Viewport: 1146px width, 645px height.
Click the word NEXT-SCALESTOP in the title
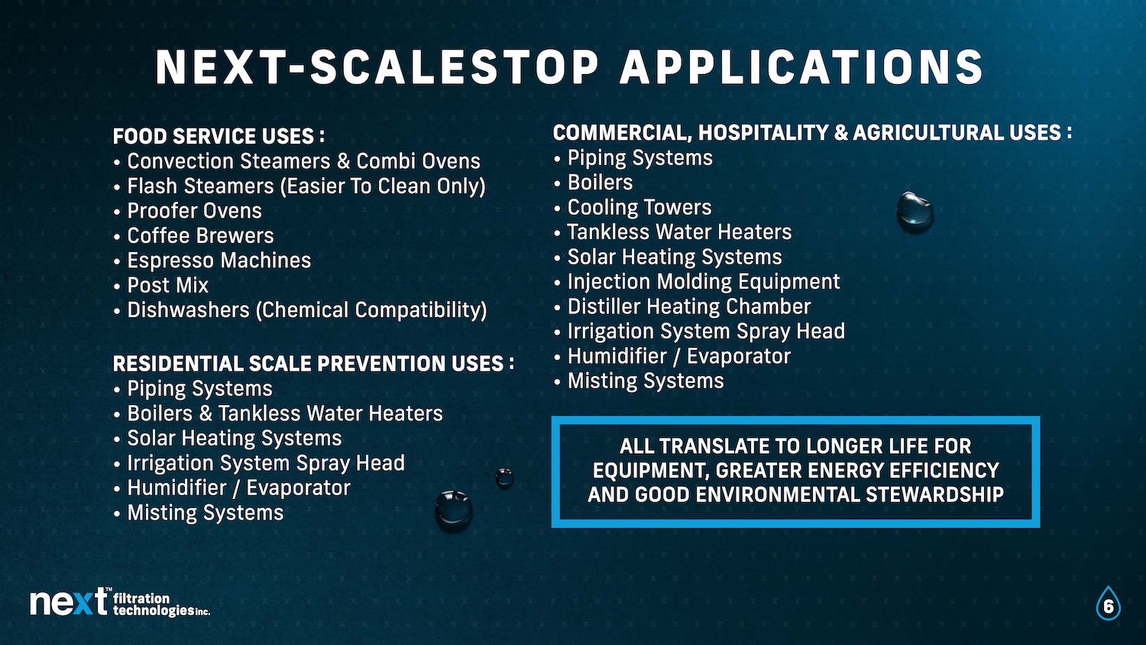pos(377,67)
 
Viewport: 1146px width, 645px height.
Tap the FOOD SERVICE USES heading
pos(219,136)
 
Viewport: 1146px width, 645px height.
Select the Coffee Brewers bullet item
pos(194,236)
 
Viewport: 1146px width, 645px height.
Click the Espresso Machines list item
pos(212,261)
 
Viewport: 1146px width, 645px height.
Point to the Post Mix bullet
pos(161,285)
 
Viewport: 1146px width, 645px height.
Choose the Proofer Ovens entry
pos(188,211)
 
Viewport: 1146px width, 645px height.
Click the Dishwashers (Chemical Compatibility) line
pos(300,310)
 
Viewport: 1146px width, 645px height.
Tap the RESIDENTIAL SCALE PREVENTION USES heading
pos(313,364)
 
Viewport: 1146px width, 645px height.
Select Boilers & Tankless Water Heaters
pos(278,413)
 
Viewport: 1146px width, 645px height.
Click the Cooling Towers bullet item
pos(633,207)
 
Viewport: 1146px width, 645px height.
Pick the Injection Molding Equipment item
pos(698,281)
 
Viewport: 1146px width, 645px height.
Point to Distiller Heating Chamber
pos(682,306)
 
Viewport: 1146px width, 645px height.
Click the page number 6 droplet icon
pos(1108,604)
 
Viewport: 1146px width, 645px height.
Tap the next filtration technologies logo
pos(120,602)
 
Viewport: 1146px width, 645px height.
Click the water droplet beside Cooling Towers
pos(915,212)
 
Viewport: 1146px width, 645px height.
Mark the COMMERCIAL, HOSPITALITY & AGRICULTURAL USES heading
pos(812,133)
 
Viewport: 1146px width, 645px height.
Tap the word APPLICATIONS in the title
pos(801,67)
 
